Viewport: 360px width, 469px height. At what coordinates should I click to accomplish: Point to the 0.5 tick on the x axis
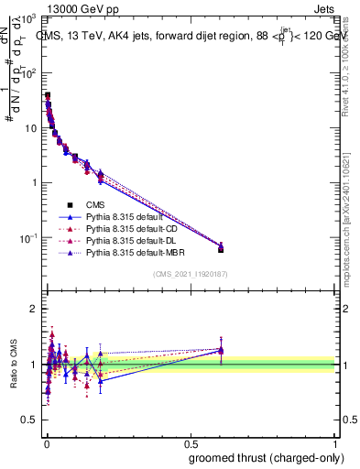191,442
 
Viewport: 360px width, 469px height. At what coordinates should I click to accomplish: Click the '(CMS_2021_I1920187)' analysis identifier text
191,274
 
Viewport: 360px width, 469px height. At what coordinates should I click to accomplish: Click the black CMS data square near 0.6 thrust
221,249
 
